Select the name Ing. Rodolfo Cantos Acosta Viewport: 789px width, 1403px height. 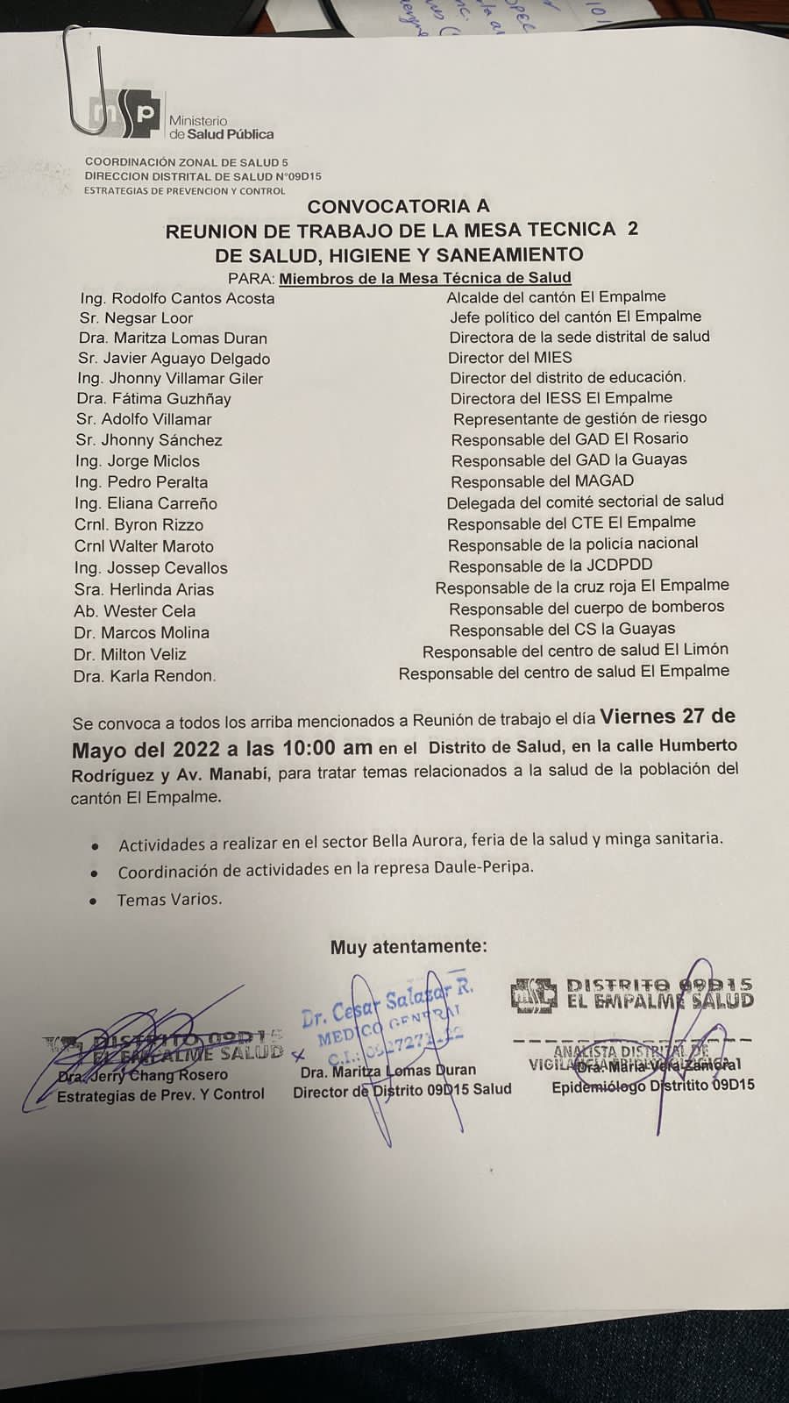pyautogui.click(x=177, y=298)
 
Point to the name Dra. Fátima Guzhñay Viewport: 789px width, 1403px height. pyautogui.click(x=153, y=399)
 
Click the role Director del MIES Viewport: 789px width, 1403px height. pyautogui.click(x=510, y=358)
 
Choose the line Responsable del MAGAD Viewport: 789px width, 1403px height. pyautogui.click(x=542, y=481)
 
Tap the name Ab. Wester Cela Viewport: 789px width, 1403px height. pyautogui.click(x=135, y=611)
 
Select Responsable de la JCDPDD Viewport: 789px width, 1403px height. pyautogui.click(x=550, y=566)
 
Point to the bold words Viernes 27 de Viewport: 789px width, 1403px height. pyautogui.click(x=667, y=716)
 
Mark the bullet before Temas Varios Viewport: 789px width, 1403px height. pyautogui.click(x=93, y=901)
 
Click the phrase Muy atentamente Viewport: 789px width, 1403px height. pyautogui.click(x=409, y=947)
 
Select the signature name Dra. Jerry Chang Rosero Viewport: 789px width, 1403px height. pyautogui.click(x=142, y=1075)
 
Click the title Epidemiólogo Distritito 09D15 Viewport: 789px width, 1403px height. pyautogui.click(x=652, y=1086)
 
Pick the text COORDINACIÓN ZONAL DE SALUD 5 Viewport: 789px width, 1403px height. pyautogui.click(x=186, y=162)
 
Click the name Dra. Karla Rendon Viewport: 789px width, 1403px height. pyautogui.click(x=145, y=676)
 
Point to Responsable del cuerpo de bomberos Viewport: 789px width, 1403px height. pyautogui.click(x=586, y=607)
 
